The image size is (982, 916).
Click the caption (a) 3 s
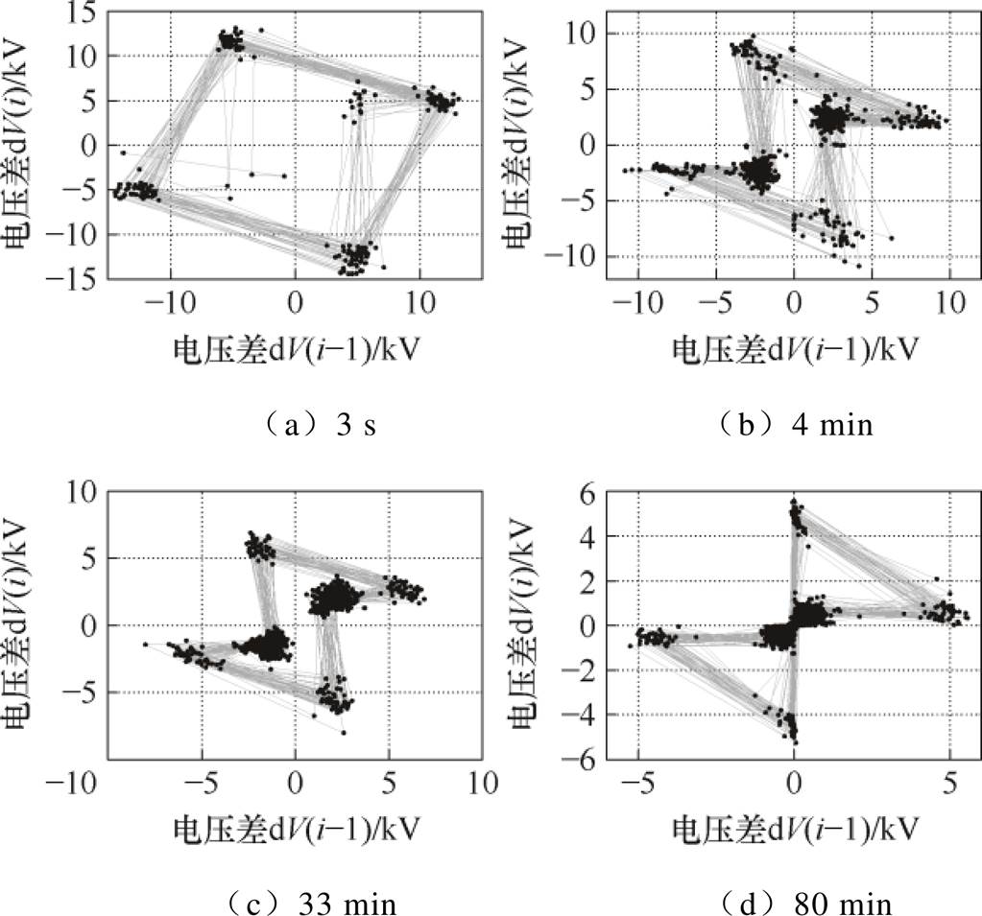pyautogui.click(x=295, y=424)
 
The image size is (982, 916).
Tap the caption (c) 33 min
pyautogui.click(x=295, y=903)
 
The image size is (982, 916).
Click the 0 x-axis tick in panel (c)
pyautogui.click(x=295, y=783)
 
